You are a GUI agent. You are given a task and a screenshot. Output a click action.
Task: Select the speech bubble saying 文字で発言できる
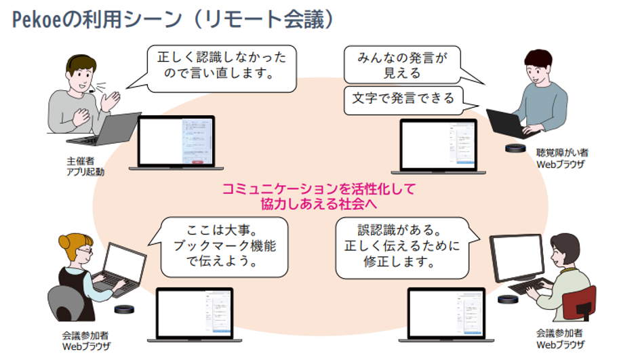pos(403,98)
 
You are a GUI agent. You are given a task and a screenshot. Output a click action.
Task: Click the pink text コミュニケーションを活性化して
pos(319,188)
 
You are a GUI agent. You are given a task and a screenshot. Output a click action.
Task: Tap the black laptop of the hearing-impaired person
pos(503,123)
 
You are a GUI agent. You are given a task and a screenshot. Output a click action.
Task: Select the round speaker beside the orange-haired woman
pos(124,309)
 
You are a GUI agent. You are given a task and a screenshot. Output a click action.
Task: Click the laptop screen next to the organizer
pos(176,141)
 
